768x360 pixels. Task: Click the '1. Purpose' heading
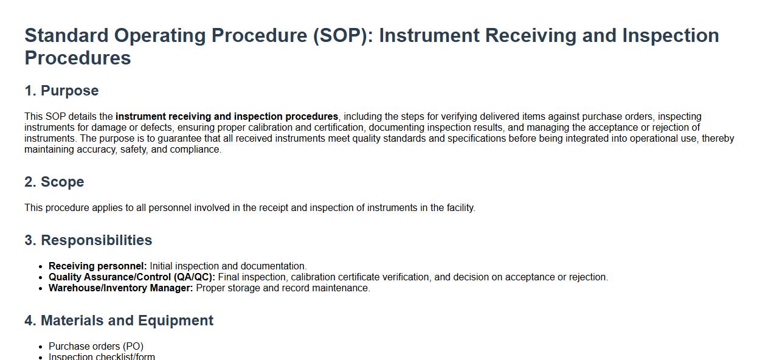tap(61, 91)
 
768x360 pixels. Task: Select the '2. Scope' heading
tap(54, 182)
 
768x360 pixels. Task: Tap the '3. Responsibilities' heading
tap(88, 240)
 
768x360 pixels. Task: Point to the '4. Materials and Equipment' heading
tap(119, 320)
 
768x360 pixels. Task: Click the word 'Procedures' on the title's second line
tap(77, 58)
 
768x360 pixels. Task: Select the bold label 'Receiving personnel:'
tap(98, 266)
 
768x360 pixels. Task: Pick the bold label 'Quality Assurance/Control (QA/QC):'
tap(132, 277)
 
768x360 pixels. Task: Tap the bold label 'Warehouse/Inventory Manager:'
tap(120, 288)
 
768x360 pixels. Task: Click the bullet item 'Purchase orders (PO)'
tap(96, 346)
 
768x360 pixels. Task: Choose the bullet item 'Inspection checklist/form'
tap(102, 356)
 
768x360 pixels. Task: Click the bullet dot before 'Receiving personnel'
tap(41, 266)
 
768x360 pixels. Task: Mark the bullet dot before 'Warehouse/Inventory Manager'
tap(41, 288)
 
